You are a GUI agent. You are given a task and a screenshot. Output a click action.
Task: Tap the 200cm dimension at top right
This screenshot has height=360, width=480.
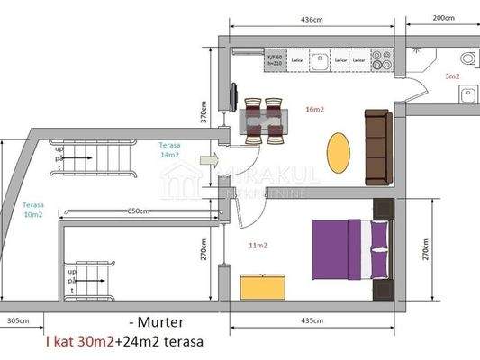pos(443,18)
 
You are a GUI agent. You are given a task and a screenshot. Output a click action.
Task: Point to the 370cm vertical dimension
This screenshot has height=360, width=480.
pos(204,111)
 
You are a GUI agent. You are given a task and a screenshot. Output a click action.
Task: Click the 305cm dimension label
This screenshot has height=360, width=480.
pos(17,319)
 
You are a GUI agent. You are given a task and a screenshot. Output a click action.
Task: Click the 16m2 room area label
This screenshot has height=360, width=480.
pos(315,110)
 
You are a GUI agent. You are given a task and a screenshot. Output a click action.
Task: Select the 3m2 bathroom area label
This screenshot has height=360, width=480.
pos(451,76)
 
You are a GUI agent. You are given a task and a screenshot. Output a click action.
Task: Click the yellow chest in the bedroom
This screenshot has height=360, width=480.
pos(262,286)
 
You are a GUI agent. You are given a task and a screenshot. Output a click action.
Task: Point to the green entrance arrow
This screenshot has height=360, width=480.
pos(208,160)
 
